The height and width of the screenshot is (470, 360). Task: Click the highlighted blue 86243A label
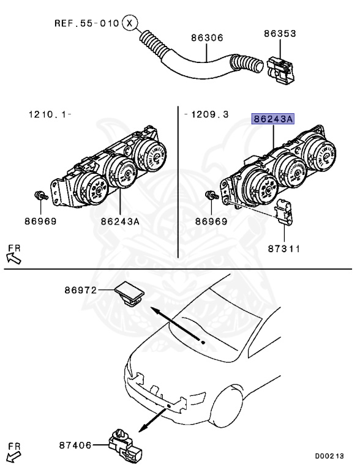pyautogui.click(x=272, y=119)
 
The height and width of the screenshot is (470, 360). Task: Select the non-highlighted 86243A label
pyautogui.click(x=120, y=221)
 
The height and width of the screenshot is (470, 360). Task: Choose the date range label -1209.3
pyautogui.click(x=206, y=114)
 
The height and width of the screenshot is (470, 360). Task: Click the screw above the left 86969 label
pyautogui.click(x=40, y=196)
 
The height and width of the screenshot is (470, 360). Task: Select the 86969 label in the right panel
pyautogui.click(x=211, y=221)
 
